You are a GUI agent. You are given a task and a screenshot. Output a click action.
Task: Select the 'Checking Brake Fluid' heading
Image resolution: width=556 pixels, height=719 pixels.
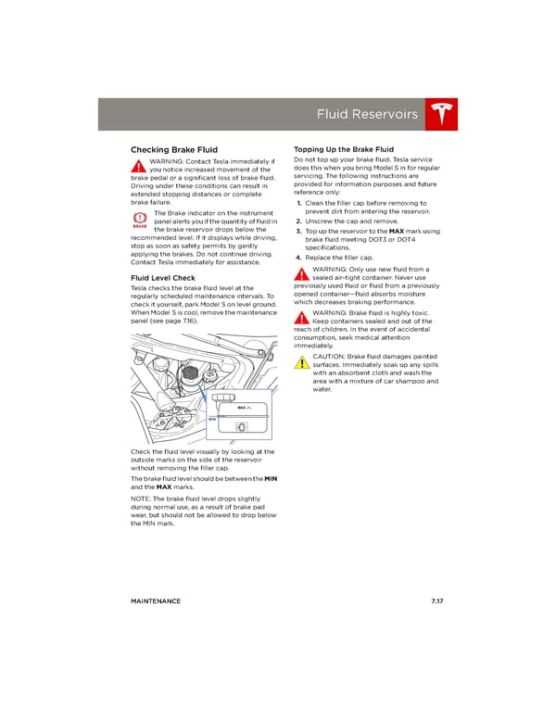click(x=174, y=149)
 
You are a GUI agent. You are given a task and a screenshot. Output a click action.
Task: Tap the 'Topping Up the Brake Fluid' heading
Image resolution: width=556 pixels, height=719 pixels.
click(x=343, y=149)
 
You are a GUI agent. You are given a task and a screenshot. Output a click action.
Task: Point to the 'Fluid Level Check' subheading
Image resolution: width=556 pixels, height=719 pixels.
click(x=162, y=277)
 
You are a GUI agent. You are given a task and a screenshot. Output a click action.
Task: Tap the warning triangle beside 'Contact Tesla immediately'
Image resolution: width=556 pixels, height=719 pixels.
click(x=139, y=167)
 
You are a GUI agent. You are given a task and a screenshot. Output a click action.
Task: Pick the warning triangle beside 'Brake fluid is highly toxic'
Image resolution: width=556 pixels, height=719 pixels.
click(x=301, y=318)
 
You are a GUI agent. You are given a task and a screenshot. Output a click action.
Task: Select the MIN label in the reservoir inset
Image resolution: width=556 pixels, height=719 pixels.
click(x=211, y=419)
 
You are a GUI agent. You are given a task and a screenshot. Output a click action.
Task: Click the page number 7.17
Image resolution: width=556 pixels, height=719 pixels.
click(x=437, y=601)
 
